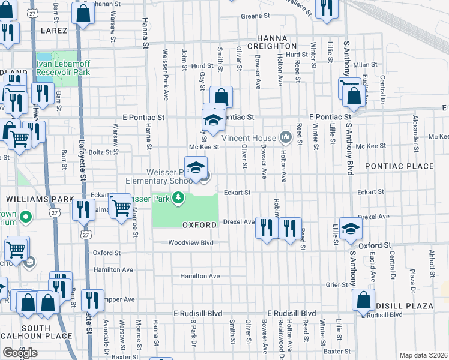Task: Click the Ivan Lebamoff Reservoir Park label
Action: point(62,67)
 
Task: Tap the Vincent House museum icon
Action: point(286,138)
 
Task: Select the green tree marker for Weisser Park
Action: point(178,197)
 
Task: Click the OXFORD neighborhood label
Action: point(199,225)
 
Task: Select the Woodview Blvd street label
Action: point(191,243)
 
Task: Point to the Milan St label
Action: point(364,64)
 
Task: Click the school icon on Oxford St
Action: point(351,227)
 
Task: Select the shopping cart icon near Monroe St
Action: point(122,207)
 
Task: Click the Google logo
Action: point(20,353)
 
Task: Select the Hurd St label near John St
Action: point(203,66)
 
